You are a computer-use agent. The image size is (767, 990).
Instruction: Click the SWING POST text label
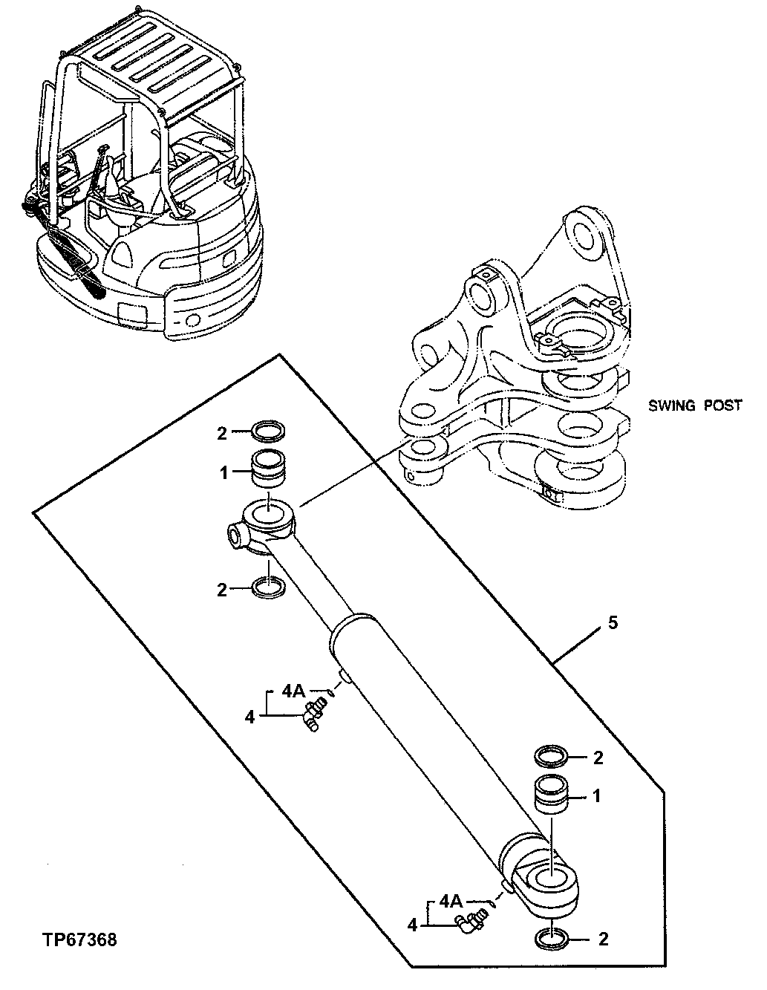[x=694, y=406]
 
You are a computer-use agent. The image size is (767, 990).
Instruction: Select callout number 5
[x=612, y=622]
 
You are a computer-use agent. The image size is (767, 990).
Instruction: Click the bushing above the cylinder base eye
[x=552, y=795]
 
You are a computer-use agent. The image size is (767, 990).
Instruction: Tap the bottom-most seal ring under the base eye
[x=552, y=939]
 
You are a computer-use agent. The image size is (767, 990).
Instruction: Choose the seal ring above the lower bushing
[x=552, y=757]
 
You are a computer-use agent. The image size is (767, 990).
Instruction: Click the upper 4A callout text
[x=295, y=691]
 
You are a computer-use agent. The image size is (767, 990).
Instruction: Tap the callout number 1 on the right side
[x=596, y=796]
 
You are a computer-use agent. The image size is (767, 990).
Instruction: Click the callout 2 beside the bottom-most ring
[x=602, y=939]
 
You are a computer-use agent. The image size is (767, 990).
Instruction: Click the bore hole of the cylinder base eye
[x=552, y=879]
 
